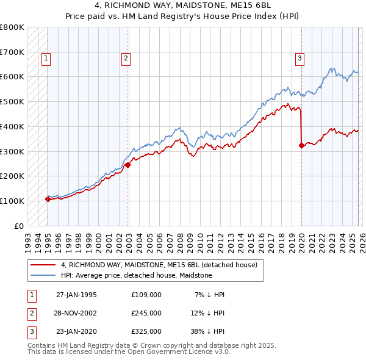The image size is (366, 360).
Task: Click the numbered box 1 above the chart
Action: coord(46,59)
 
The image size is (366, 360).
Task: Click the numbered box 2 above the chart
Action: coord(126,59)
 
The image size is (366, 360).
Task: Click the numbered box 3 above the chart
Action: coord(300,59)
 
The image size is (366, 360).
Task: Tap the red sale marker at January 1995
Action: coord(48,199)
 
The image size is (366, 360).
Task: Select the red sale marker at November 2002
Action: coord(127,165)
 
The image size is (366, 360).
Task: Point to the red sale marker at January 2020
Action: coord(301,145)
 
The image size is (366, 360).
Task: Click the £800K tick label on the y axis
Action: coord(12,27)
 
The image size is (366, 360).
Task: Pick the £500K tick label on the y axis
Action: coord(12,102)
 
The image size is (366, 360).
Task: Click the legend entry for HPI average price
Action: coord(136,275)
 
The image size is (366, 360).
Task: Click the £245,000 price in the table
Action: coord(146,313)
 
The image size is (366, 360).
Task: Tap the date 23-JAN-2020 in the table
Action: coord(76,331)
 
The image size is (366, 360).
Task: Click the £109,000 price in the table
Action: coord(146,295)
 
